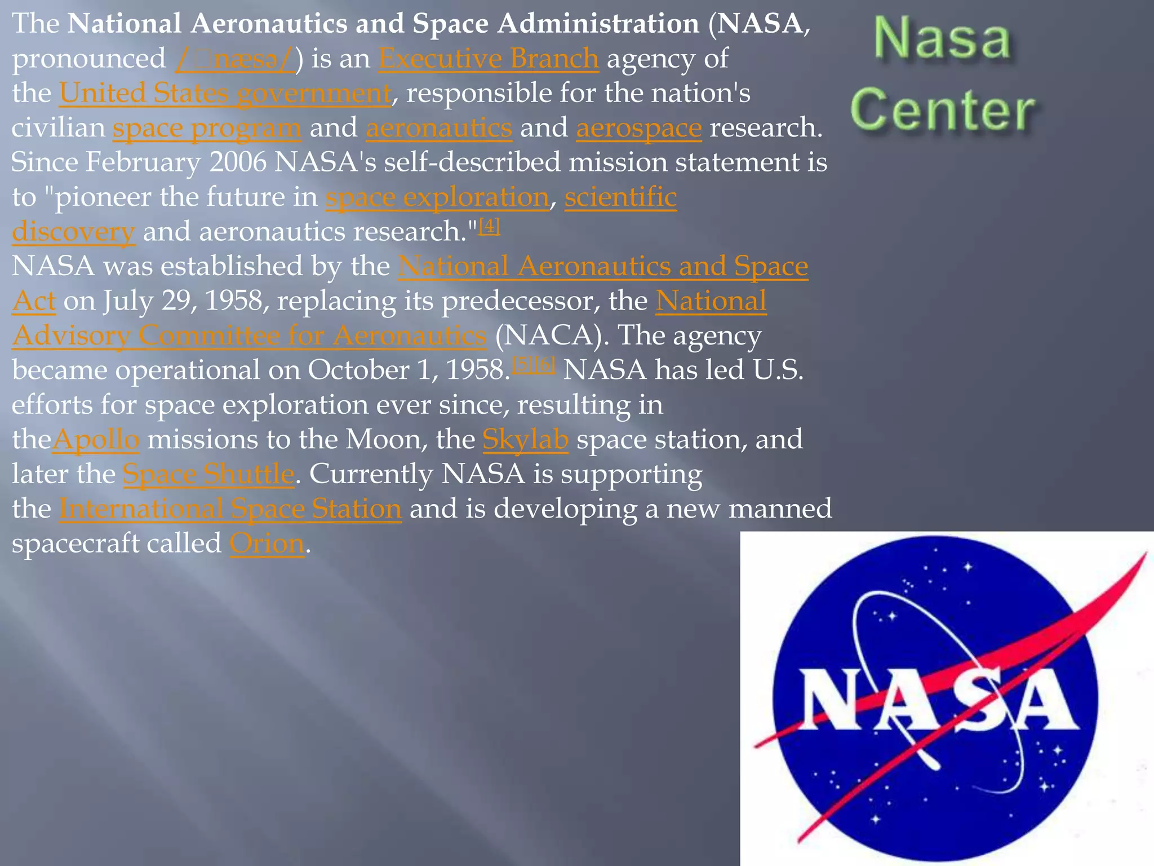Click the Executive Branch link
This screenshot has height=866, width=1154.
coord(488,59)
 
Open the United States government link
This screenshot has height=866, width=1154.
coord(225,93)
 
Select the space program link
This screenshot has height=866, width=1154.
coord(207,128)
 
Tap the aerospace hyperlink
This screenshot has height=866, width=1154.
coord(638,128)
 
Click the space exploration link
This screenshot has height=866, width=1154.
coord(437,197)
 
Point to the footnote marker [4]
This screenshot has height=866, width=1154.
coord(489,227)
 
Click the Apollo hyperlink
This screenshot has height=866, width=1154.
coord(96,440)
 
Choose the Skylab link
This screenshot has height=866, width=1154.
coord(525,440)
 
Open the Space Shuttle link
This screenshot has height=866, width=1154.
coord(208,474)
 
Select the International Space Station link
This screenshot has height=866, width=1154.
coord(230,509)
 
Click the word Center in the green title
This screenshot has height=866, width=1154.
coord(943,109)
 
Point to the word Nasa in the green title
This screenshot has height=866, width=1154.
coord(943,38)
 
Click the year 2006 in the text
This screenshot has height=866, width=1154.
coord(238,162)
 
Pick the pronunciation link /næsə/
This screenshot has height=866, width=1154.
coord(234,59)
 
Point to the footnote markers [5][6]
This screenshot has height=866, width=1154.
coord(533,365)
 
